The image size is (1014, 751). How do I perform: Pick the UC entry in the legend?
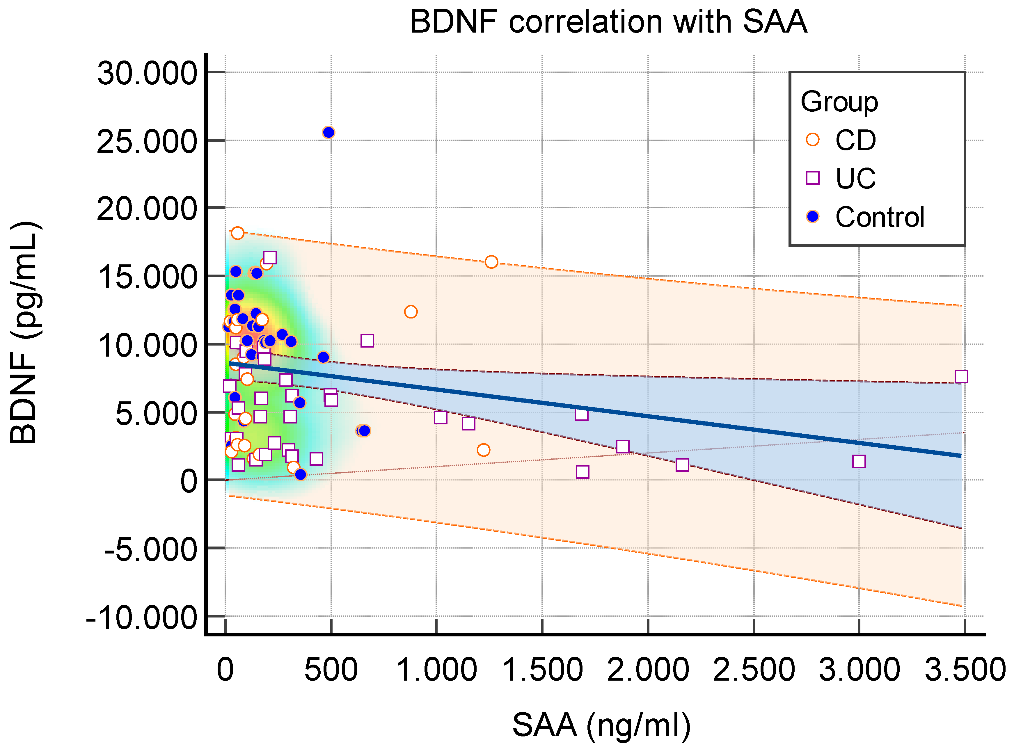click(x=855, y=178)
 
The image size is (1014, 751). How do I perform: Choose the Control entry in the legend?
click(x=879, y=217)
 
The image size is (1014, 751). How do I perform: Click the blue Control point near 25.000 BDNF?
click(x=328, y=132)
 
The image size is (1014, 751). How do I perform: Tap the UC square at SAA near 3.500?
click(x=961, y=376)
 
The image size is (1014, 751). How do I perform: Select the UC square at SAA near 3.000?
click(x=859, y=461)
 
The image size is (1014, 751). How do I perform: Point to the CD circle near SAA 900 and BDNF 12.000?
click(x=411, y=312)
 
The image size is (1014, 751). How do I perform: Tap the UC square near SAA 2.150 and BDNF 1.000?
click(x=682, y=465)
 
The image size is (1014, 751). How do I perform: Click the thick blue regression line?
click(x=591, y=409)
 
